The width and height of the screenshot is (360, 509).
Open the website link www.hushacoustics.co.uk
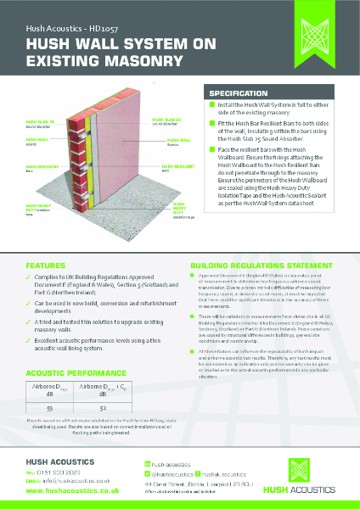click(71, 491)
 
